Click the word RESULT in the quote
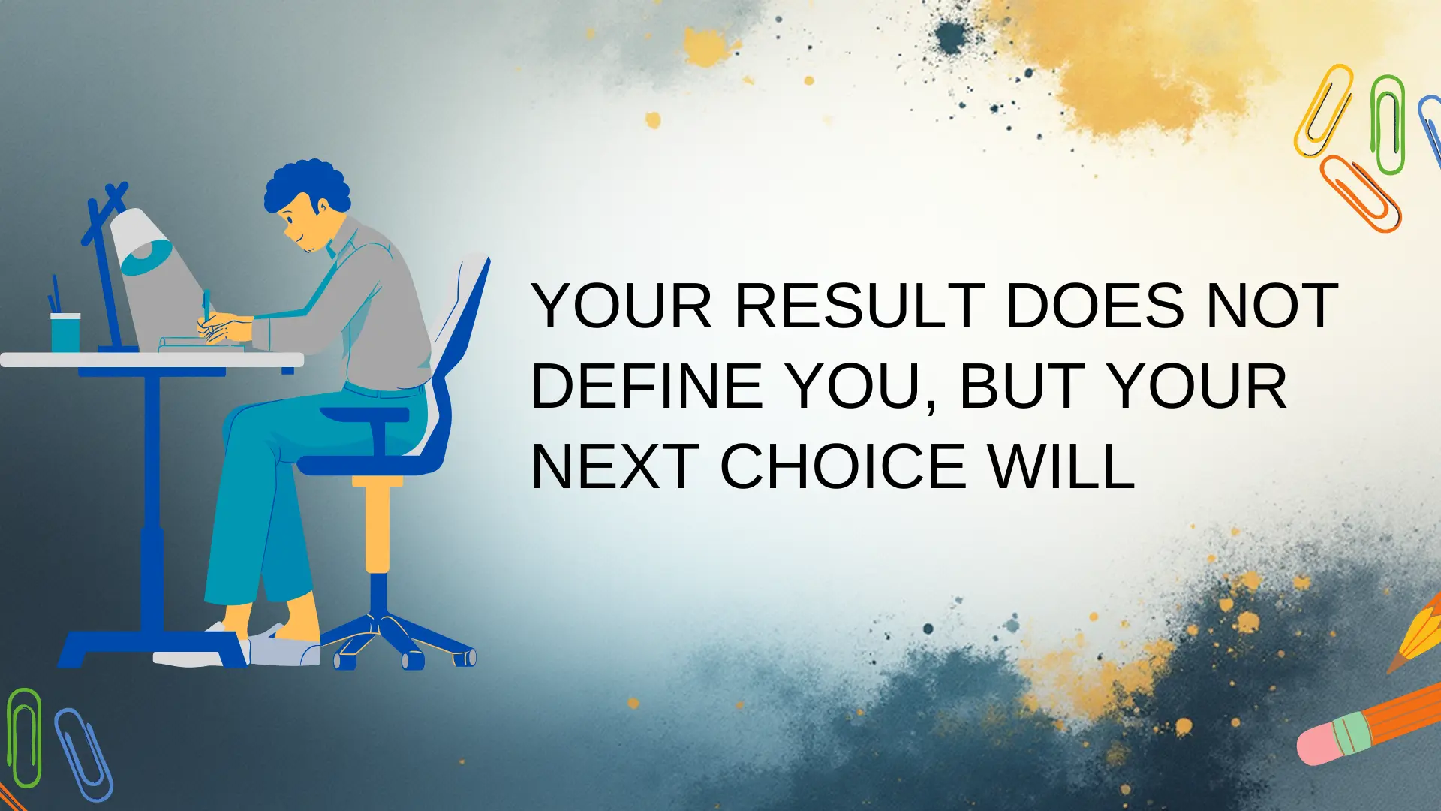(859, 306)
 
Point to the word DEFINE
(647, 387)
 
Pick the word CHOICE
(843, 467)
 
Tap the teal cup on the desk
(65, 332)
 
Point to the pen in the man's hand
(206, 304)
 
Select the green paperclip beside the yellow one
(1387, 124)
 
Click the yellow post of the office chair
(378, 526)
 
